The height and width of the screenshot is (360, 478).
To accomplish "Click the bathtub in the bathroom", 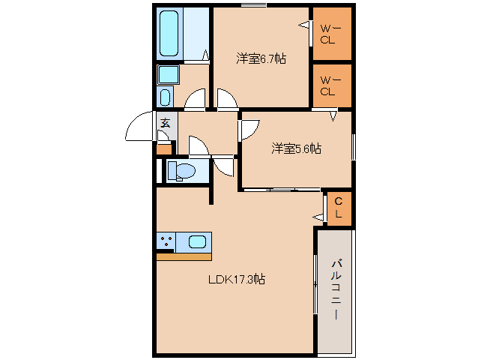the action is pos(169,34).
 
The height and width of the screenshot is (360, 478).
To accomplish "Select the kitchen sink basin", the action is pos(197,242).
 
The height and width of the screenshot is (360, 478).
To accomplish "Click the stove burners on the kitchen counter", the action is pos(166,241).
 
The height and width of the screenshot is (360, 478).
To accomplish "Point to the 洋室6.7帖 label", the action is pos(261,58).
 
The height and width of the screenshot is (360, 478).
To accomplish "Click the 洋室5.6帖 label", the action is pos(296,148).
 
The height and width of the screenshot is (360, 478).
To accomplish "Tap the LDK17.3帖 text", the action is pos(237,279).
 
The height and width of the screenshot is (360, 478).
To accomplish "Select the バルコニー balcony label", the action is pos(336,289).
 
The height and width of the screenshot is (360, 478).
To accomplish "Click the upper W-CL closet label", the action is pos(330,34).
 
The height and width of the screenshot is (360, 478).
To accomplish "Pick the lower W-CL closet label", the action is pos(330,85).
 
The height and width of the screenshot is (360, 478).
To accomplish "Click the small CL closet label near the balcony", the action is pos(339,208).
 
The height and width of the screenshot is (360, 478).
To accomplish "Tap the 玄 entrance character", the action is pos(166,123).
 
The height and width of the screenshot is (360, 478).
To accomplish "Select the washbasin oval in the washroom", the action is pos(165,97).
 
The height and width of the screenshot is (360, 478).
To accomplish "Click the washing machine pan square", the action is pos(169,74).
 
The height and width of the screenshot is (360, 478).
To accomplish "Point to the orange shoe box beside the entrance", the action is pos(164,149).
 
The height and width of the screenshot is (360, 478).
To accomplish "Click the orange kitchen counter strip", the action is pos(184,256).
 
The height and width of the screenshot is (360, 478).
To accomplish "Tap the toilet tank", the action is pos(172,170).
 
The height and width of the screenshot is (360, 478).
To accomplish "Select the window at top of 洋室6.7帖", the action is pos(254,5).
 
